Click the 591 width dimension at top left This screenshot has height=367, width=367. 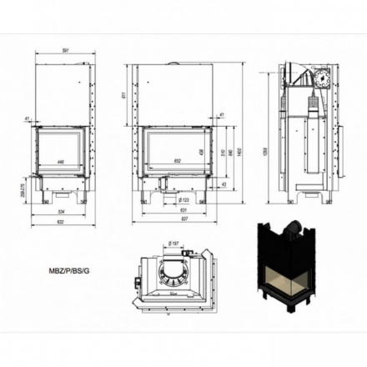tap(63, 49)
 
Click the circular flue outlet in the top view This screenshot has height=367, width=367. tap(174, 268)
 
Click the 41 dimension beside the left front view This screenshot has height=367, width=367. tap(27, 118)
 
